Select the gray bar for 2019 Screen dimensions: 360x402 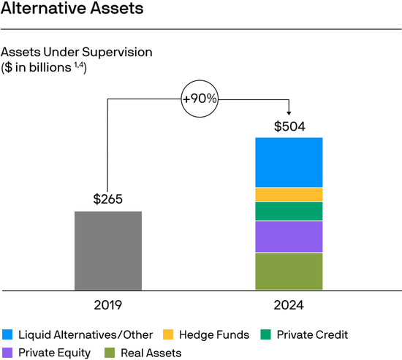click(108, 250)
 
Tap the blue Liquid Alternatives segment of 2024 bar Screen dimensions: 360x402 click(289, 162)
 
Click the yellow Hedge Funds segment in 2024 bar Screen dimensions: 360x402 click(289, 194)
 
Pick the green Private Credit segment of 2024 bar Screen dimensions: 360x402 click(289, 211)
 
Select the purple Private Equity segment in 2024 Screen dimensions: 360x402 click(289, 237)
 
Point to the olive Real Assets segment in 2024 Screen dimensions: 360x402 click(289, 271)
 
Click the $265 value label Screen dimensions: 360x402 click(108, 199)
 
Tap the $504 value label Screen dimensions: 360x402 click(289, 126)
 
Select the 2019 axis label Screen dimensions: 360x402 click(108, 305)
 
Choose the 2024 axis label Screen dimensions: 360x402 click(289, 305)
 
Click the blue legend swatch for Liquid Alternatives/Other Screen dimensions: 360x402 click(7, 335)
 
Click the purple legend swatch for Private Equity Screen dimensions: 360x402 click(7, 353)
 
